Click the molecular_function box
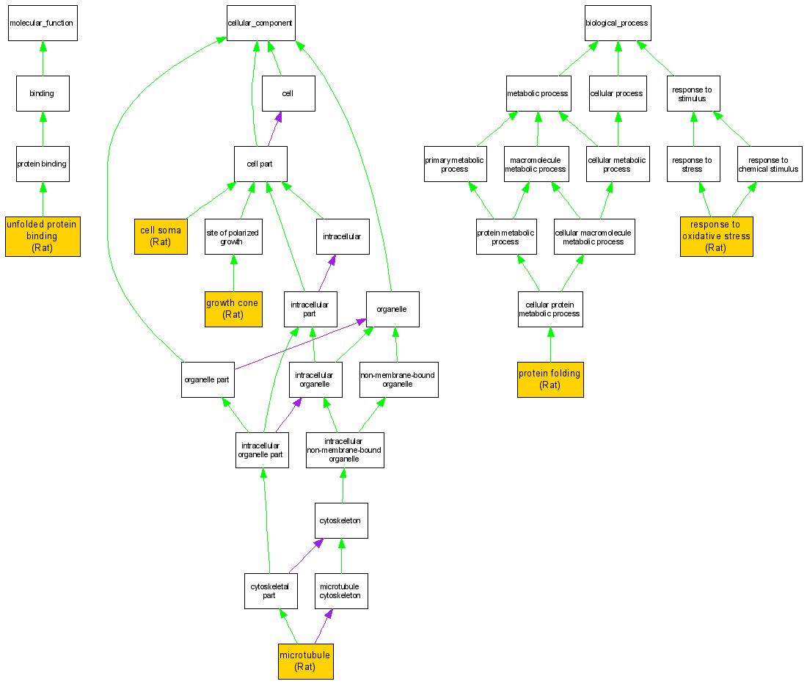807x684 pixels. click(41, 23)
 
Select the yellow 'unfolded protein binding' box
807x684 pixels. click(43, 236)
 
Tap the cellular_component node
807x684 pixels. click(260, 23)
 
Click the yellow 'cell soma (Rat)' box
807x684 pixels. click(161, 236)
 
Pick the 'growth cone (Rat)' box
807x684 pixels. click(233, 308)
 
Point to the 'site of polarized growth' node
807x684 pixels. click(233, 236)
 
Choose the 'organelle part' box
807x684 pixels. click(208, 379)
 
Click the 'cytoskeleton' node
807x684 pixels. click(341, 520)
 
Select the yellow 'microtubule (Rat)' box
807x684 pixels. click(305, 661)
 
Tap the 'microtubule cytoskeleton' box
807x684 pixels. click(341, 591)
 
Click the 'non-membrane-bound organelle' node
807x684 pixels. click(398, 379)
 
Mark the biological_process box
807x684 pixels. click(617, 23)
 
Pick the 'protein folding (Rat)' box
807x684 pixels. click(550, 379)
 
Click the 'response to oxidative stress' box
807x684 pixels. click(716, 236)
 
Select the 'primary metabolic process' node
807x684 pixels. click(455, 164)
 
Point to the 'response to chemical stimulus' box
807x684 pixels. click(769, 164)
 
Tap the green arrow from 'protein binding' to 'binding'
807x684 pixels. click(43, 129)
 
